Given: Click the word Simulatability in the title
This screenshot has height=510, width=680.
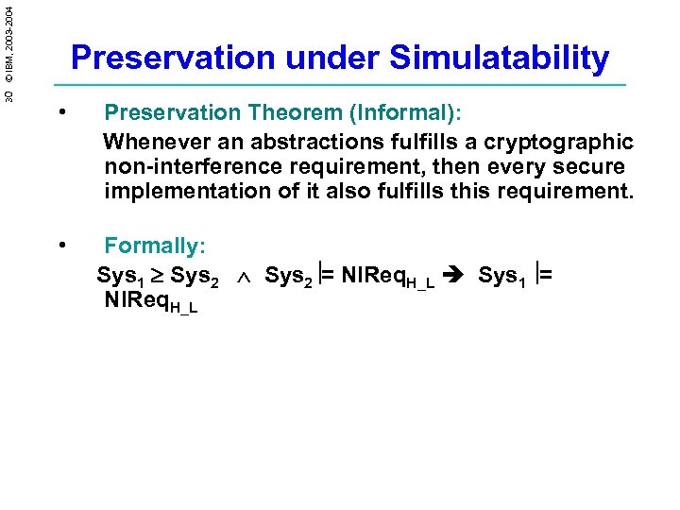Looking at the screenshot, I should pyautogui.click(x=500, y=59).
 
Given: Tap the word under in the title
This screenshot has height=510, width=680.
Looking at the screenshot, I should pyautogui.click(x=331, y=59).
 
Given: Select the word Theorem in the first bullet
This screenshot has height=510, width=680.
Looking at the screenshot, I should pyautogui.click(x=292, y=113).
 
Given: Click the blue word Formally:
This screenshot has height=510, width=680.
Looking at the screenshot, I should pyautogui.click(x=155, y=246).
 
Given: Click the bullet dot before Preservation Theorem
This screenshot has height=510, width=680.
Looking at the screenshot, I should pyautogui.click(x=60, y=112).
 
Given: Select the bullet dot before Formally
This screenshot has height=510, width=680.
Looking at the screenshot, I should pyautogui.click(x=60, y=246).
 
